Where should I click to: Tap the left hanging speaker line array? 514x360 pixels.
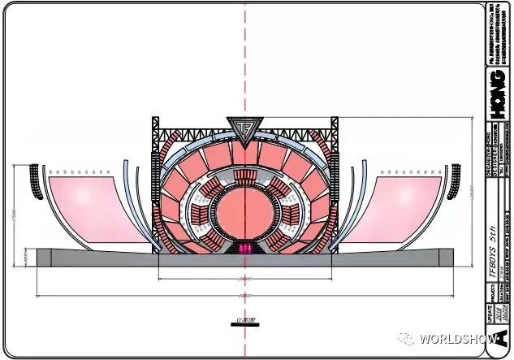pyautogui.click(x=35, y=182)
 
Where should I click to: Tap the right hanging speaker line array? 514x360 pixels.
pyautogui.click(x=456, y=182)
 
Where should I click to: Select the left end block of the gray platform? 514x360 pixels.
pyautogui.click(x=44, y=257)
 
